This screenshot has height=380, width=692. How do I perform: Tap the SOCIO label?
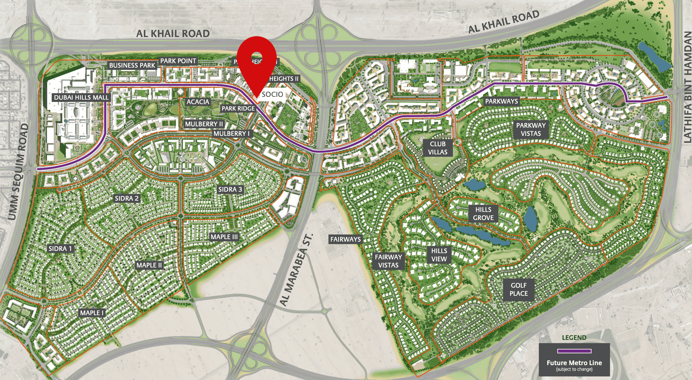[x=272, y=94]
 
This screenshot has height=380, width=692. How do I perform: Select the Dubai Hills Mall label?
[x=81, y=97]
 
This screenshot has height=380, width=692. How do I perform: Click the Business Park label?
[x=132, y=65]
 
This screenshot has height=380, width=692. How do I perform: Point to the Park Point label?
[x=178, y=61]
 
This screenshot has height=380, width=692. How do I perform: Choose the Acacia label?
[x=198, y=102]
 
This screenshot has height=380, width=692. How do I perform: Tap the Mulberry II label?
[x=204, y=124]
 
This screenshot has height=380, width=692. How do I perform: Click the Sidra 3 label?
[x=230, y=189]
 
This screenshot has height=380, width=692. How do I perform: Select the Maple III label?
[x=224, y=237]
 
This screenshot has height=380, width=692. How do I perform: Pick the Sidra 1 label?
[x=60, y=249]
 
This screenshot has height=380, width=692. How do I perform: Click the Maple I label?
[x=92, y=313]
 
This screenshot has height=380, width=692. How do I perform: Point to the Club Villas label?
[x=438, y=148]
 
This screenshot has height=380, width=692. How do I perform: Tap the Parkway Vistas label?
[x=531, y=129]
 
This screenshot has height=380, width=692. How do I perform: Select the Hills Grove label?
[x=483, y=214]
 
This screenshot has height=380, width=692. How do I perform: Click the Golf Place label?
[x=518, y=289]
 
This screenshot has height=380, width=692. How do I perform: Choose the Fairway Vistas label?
[x=388, y=261]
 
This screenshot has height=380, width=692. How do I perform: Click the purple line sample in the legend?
[x=574, y=351]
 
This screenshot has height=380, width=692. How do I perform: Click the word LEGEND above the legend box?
[x=574, y=338]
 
